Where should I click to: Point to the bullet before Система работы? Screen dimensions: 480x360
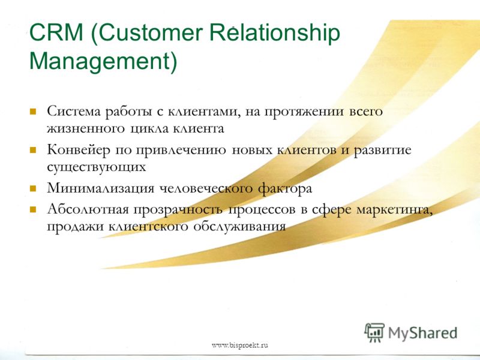(33, 111)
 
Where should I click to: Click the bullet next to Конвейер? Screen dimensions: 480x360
(33, 150)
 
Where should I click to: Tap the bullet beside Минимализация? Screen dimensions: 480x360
(33, 188)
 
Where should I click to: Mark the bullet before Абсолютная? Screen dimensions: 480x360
(33, 209)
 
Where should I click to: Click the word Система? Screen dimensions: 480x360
(74, 111)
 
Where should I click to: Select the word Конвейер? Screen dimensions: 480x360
(79, 151)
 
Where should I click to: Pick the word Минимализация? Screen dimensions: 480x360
(101, 188)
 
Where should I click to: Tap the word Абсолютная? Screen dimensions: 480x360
(88, 209)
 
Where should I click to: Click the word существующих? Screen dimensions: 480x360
(97, 167)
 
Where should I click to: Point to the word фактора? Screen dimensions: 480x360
(285, 188)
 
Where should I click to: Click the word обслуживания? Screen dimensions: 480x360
(239, 227)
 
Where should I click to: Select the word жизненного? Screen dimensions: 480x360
(86, 128)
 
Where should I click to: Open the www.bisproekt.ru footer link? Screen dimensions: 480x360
(240, 346)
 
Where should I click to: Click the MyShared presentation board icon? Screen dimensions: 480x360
(374, 332)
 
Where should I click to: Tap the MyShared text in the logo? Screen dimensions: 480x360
(423, 334)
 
